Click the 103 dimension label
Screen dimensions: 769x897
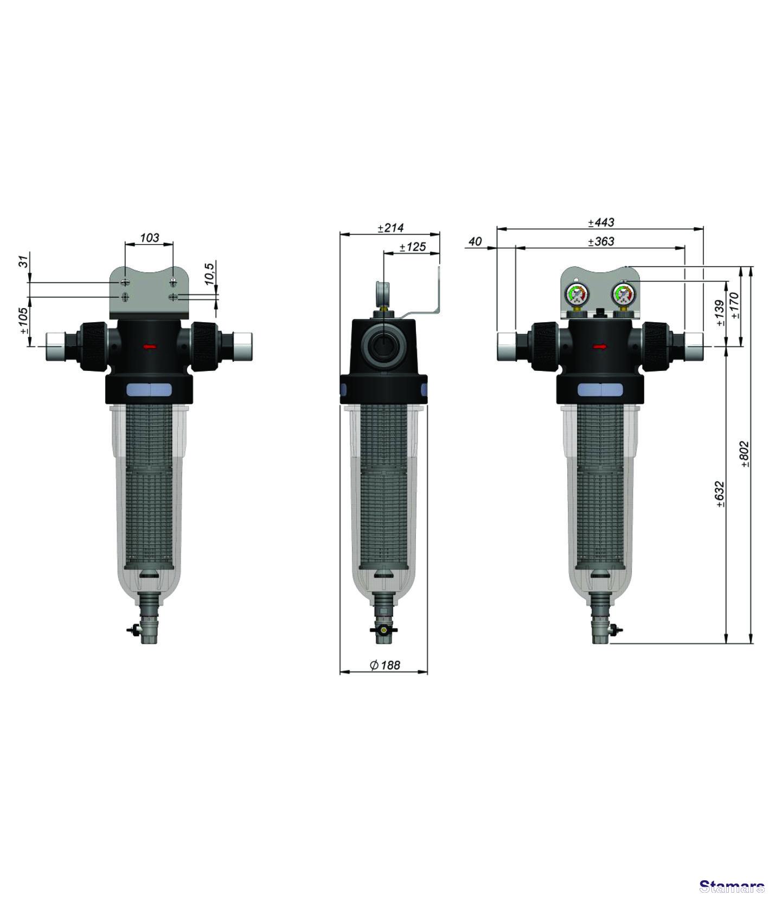tap(150, 237)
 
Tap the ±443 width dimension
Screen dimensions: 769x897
tap(601, 222)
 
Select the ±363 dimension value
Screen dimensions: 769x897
tap(601, 241)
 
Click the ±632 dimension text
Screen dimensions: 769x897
tap(720, 494)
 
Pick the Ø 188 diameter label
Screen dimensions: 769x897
tap(385, 665)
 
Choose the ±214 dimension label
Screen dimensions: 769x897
tap(391, 228)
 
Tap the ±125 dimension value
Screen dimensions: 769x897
tap(413, 247)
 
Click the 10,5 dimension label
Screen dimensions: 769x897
tap(210, 275)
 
